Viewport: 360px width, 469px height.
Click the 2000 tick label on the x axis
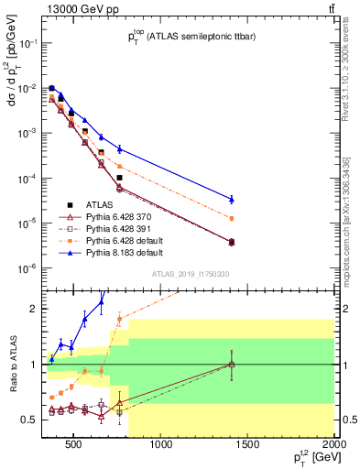pyautogui.click(x=334, y=447)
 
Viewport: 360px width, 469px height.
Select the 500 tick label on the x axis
pyautogui.click(x=75, y=447)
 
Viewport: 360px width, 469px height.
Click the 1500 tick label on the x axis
pyautogui.click(x=248, y=447)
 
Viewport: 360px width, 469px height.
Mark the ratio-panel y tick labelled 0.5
pyautogui.click(x=29, y=420)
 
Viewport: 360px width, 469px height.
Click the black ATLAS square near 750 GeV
pyautogui.click(x=119, y=178)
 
